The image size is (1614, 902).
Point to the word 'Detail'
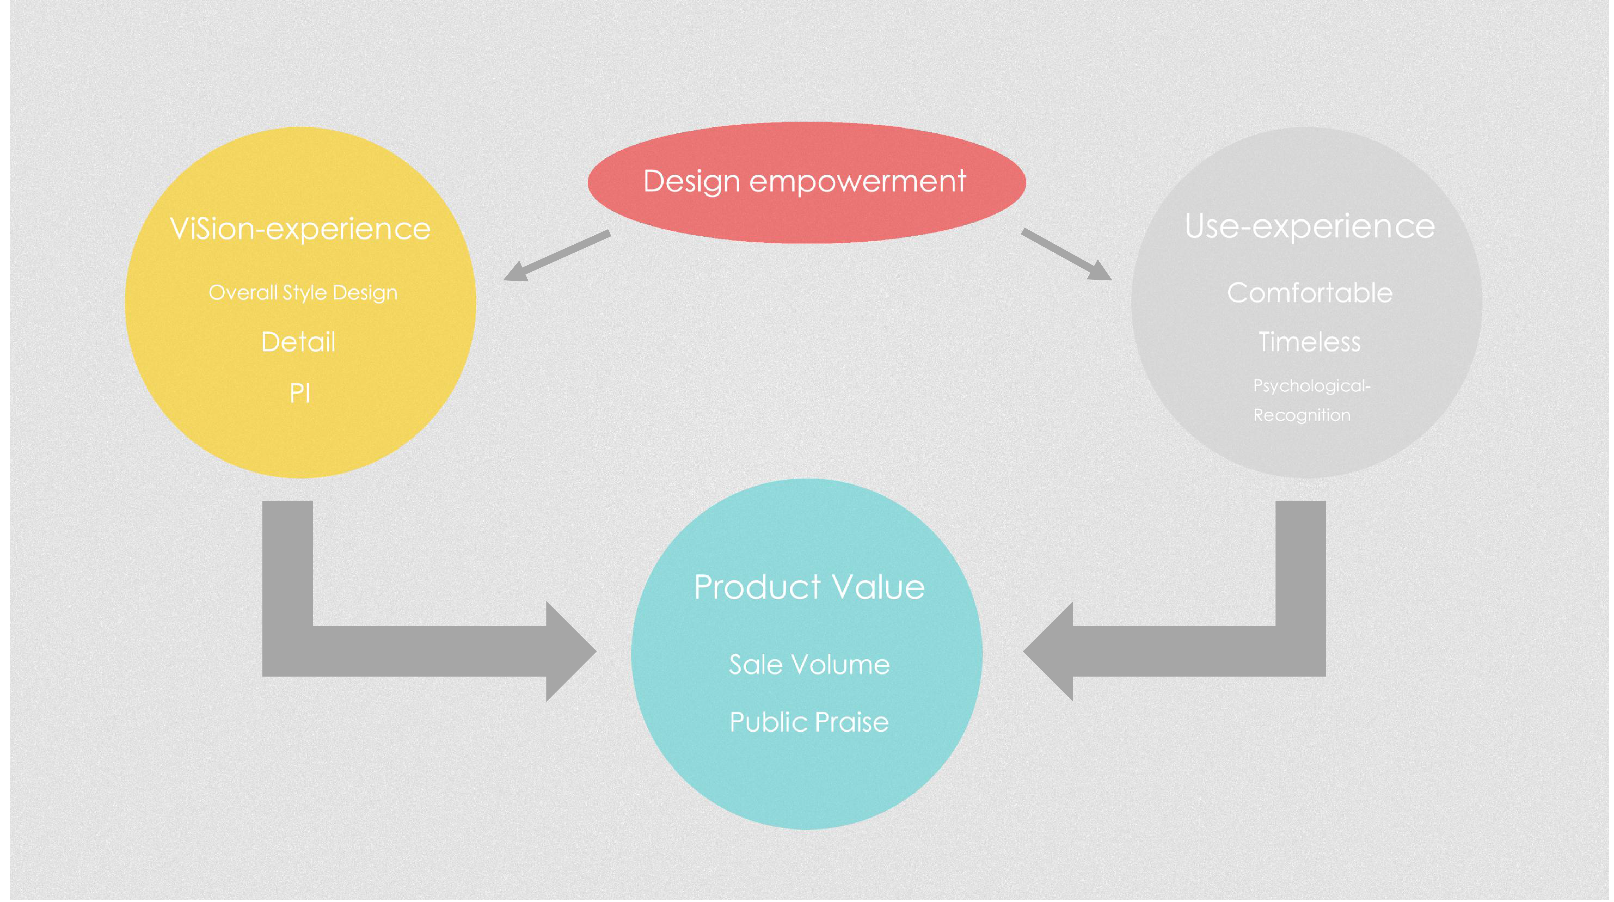(298, 342)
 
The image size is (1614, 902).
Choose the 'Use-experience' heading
(1310, 226)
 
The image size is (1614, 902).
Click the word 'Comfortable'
(1310, 293)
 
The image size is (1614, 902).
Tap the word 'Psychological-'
(1311, 385)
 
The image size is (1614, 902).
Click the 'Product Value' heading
(809, 587)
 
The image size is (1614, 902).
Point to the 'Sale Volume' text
(809, 665)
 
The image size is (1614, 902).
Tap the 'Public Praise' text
(809, 722)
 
